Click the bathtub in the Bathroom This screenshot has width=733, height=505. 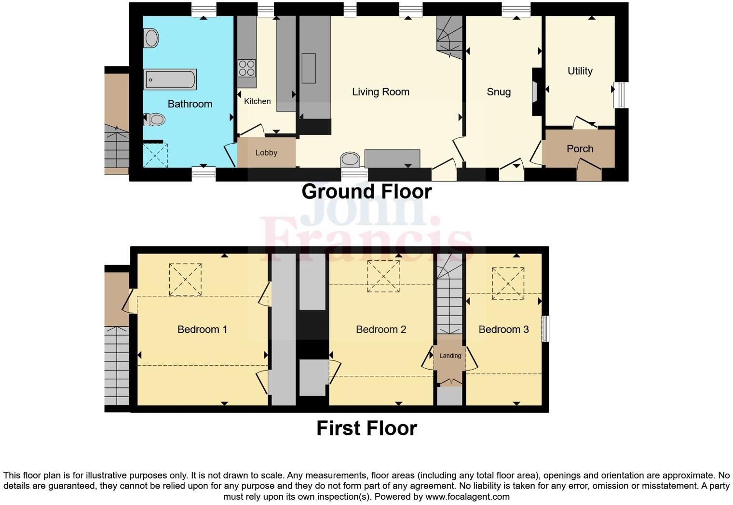[170, 80]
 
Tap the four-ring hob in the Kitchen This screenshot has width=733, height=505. [246, 67]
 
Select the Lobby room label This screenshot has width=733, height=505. [266, 153]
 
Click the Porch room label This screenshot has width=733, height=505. [580, 149]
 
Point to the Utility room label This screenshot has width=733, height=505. [580, 71]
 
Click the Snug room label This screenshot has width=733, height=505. [498, 92]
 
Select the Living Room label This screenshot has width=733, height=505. [380, 92]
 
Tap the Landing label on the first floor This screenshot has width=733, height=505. [450, 356]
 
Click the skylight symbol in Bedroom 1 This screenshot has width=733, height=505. [185, 279]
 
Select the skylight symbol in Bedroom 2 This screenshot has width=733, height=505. [383, 276]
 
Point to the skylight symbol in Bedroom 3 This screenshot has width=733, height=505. [508, 283]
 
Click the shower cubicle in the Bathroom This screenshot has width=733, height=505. [155, 155]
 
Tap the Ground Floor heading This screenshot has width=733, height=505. [366, 191]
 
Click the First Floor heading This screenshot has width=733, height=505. [366, 428]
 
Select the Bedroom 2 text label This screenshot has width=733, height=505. [381, 330]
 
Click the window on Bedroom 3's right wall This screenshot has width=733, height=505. [545, 329]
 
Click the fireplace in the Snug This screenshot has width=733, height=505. [536, 92]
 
